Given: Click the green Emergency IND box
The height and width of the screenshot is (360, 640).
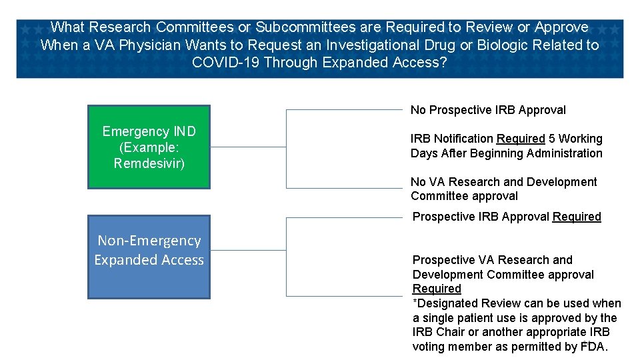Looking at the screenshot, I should [x=149, y=147].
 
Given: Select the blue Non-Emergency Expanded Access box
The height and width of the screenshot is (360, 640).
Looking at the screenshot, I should [x=149, y=257].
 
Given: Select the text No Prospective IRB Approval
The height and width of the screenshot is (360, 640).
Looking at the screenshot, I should [x=488, y=110].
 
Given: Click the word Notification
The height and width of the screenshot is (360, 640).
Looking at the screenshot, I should [x=463, y=139].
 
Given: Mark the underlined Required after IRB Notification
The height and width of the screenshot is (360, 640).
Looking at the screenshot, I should [x=521, y=139].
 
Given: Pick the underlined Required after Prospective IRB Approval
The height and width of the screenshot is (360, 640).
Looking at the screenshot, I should [x=577, y=217].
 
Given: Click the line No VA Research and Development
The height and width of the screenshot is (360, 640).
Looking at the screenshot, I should [x=503, y=182].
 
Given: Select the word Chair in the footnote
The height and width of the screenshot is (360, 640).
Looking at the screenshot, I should [x=451, y=332].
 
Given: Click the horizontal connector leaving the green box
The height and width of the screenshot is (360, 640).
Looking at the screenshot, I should [x=248, y=147].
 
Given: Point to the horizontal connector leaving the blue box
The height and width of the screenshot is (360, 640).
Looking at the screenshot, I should [x=248, y=251].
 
